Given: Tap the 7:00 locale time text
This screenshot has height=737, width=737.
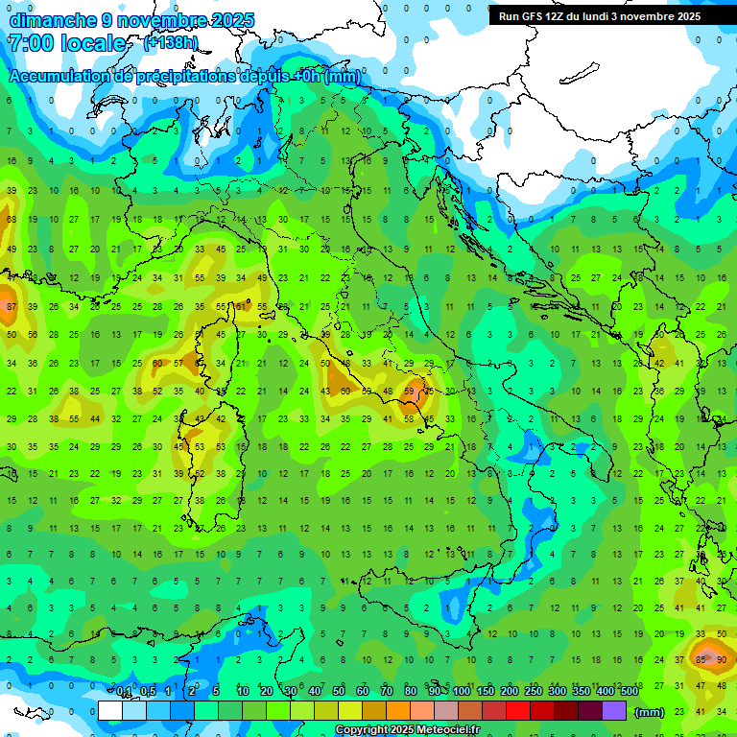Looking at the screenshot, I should [x=66, y=43].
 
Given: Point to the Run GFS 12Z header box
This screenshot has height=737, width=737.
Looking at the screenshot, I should [x=600, y=16].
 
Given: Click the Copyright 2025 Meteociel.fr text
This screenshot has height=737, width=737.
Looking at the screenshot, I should [x=407, y=730].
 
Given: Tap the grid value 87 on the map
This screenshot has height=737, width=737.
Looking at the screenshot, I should [x=12, y=306].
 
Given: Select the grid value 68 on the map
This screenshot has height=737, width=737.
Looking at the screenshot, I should [x=12, y=220].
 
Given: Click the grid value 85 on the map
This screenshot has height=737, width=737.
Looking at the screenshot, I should [x=701, y=659].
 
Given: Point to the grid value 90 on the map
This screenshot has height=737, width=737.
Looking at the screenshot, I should [x=722, y=659].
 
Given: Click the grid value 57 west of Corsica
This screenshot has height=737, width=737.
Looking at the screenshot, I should [x=178, y=364].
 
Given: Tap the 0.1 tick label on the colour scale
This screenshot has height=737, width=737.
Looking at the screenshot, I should [x=124, y=692].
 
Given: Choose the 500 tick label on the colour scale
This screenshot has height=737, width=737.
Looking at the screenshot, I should [x=629, y=692].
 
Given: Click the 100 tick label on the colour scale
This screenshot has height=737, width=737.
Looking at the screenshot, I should [x=462, y=692].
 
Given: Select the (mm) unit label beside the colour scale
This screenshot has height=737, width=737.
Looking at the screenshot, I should [x=650, y=712].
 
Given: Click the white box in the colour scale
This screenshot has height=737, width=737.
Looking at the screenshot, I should [x=110, y=711].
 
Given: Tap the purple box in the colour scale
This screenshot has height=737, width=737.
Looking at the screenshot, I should [x=614, y=711].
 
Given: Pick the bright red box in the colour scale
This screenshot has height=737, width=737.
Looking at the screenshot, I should [x=518, y=711].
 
